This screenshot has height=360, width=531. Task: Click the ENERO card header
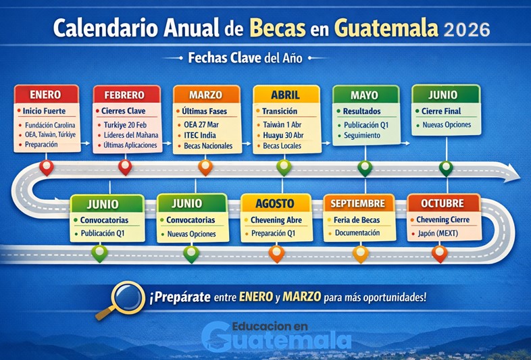click(45, 95)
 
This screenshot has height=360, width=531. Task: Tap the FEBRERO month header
click(124, 95)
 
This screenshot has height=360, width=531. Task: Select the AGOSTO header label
click(275, 203)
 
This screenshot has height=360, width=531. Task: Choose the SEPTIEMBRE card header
click(358, 203)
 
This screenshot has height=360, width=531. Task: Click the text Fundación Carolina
click(51, 125)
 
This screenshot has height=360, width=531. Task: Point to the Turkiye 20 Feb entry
click(126, 125)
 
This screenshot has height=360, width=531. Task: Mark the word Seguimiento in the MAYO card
click(361, 135)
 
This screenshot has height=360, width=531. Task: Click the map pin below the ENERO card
click(46, 167)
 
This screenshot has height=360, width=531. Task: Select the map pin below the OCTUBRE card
click(440, 253)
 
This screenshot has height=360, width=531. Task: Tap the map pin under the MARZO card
click(205, 167)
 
